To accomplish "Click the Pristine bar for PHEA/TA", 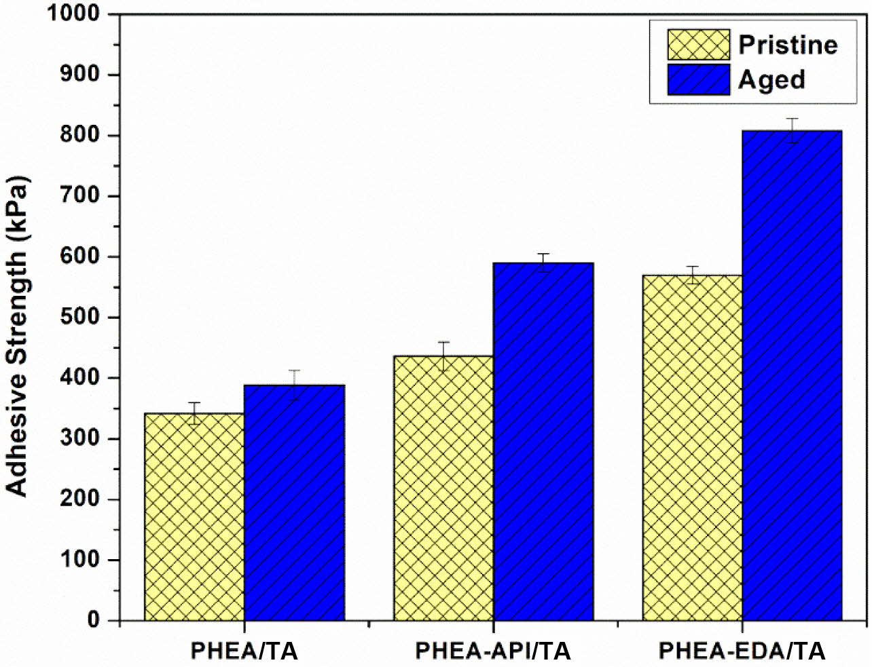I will coord(195,516).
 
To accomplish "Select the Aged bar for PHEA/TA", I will coord(295,502).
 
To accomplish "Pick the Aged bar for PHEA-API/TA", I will coord(543,441).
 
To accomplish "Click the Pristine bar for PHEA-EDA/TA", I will coord(692,448).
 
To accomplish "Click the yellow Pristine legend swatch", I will coord(698,45).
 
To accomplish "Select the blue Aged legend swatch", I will coord(698,79).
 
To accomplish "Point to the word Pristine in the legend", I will coord(788,45).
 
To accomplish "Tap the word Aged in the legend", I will coord(771,79).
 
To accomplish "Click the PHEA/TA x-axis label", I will coord(244,651).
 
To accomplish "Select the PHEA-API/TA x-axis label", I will coord(493,651).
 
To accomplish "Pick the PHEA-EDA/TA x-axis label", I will coord(742,651).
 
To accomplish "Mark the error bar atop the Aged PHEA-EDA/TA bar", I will coord(792,130).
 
